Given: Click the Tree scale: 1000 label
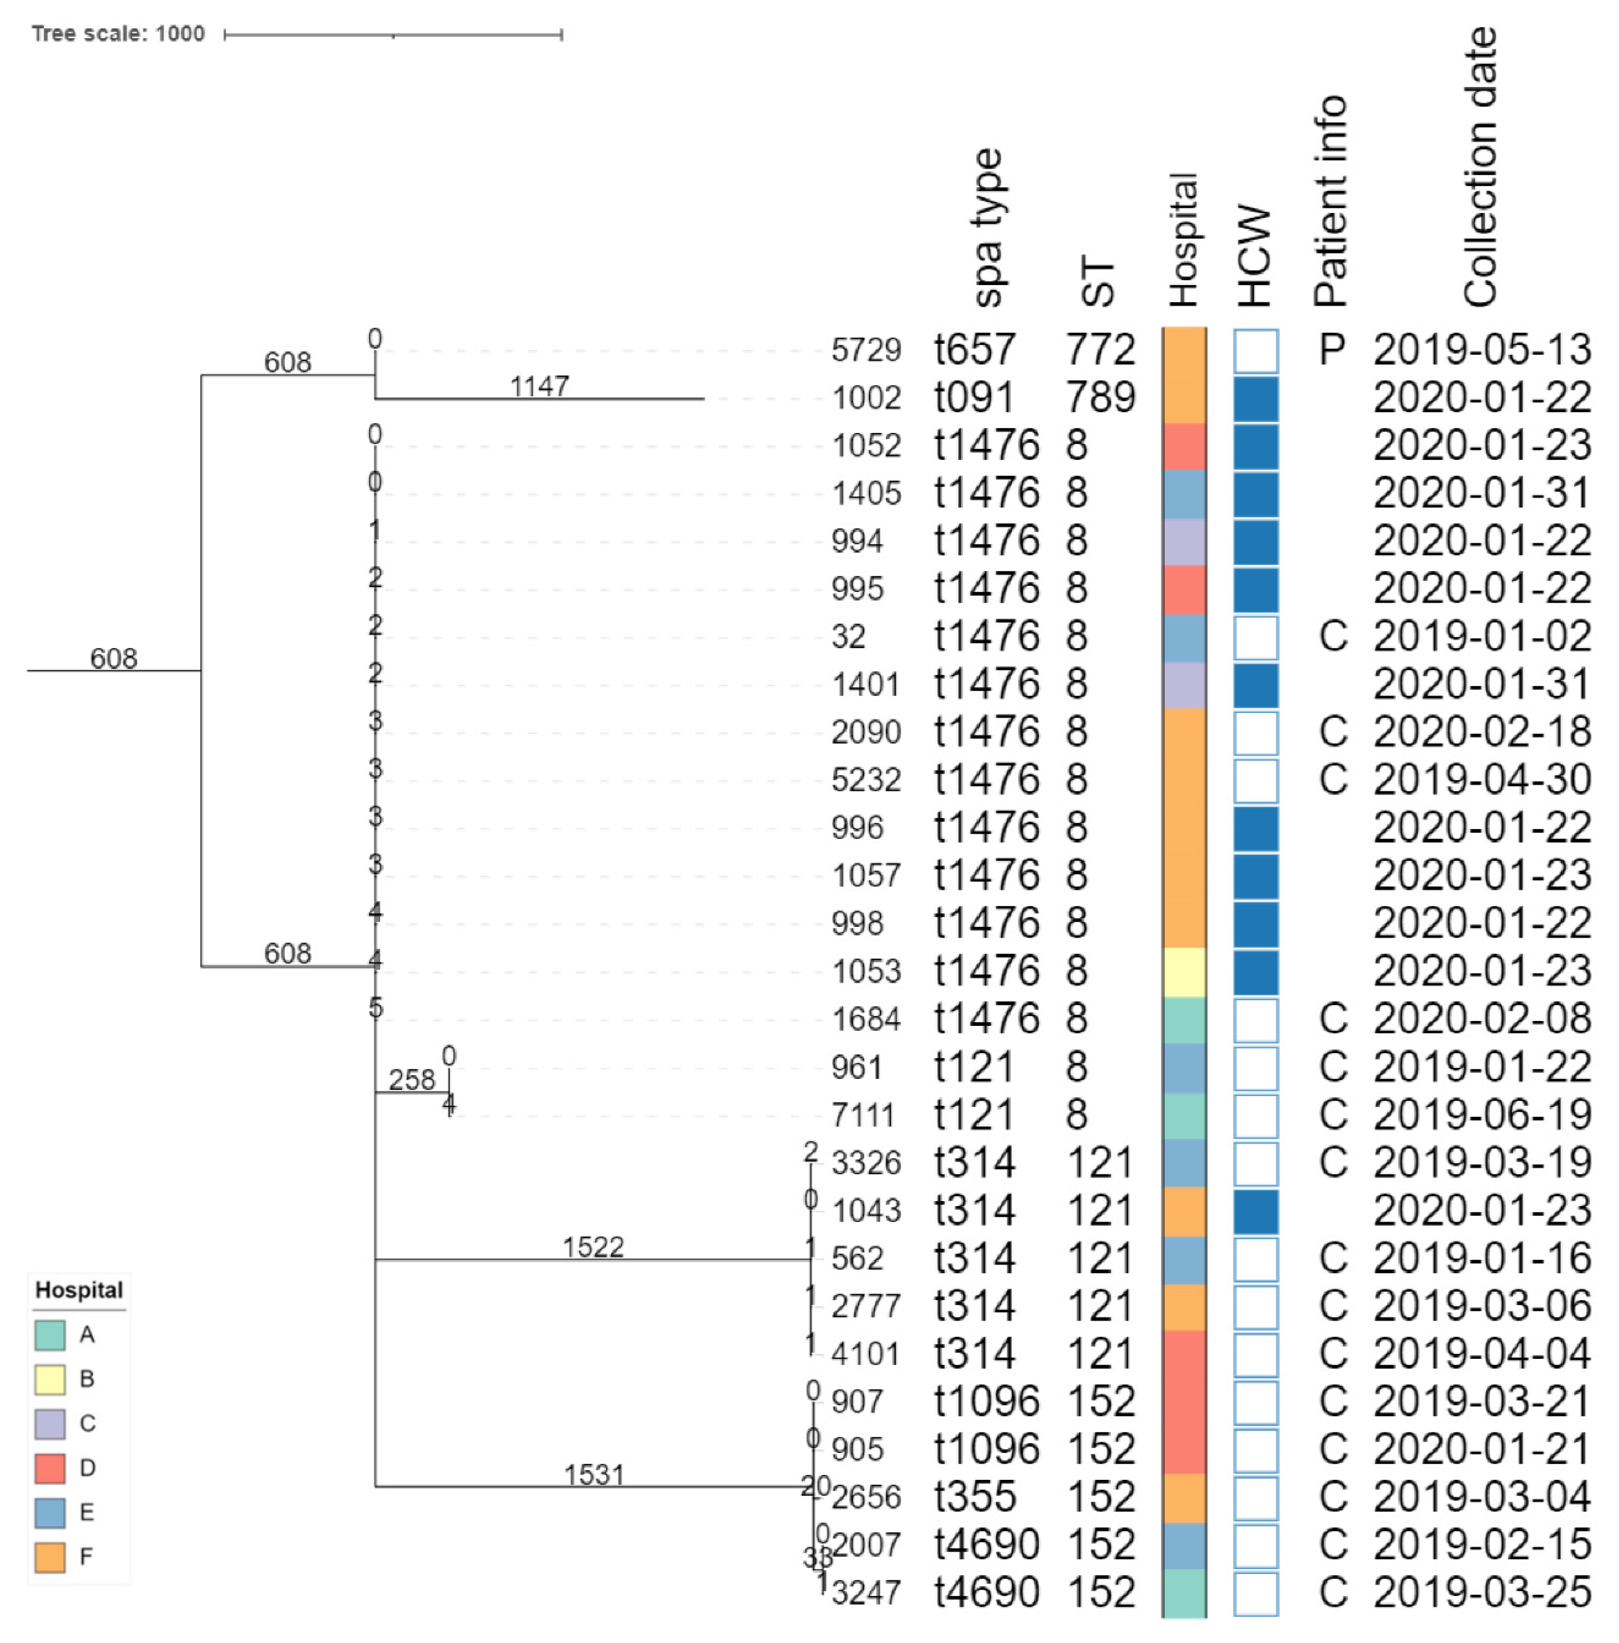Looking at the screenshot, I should click(118, 34).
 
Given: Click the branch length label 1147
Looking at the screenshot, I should click(539, 387).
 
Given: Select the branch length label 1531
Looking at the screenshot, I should click(594, 1474).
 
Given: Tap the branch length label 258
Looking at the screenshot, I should click(412, 1080).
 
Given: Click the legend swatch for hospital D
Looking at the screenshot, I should click(50, 1468).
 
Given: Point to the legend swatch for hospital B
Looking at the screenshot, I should click(50, 1379).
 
